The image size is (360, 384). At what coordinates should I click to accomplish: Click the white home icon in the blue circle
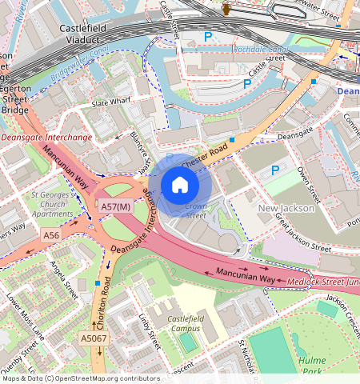(180, 185)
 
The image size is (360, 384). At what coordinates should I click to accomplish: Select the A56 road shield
(52, 236)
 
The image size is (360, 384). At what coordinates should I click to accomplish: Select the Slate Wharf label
(110, 104)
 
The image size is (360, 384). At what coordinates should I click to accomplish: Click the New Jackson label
(286, 209)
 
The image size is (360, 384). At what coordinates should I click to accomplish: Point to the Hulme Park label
(312, 366)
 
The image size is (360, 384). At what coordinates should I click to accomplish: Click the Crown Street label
(195, 210)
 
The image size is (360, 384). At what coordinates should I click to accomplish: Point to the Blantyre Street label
(140, 153)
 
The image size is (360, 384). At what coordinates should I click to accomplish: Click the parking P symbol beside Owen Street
(277, 170)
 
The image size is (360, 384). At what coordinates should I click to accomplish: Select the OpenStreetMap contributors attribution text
(80, 378)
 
